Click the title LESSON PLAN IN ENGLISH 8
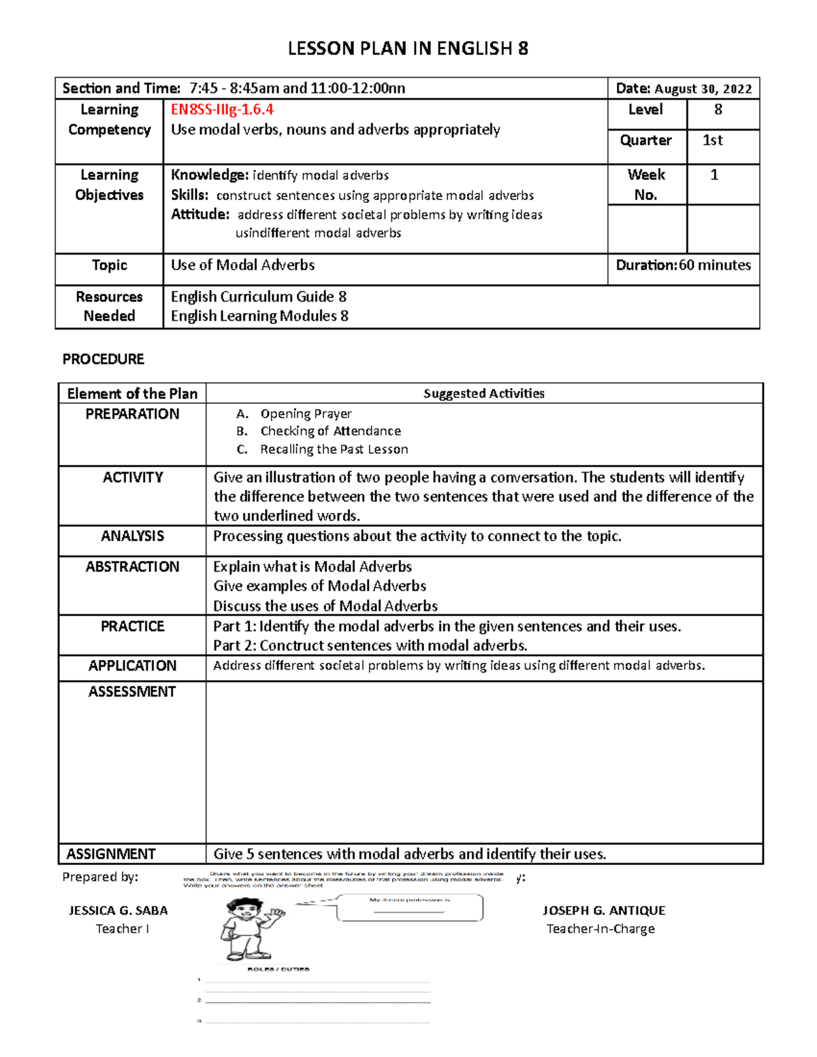point(408,48)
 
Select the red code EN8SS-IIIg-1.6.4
point(223,110)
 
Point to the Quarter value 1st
point(712,140)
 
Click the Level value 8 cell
point(722,110)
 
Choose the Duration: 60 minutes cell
point(683,265)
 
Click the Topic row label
point(110,265)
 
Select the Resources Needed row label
point(109,306)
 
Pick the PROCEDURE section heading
point(103,359)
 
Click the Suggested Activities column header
point(483,393)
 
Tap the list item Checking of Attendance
point(330,431)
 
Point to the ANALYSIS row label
point(132,536)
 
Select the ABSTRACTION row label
point(132,567)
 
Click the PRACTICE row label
point(132,626)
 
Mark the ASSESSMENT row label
point(132,692)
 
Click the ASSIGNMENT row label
point(111,854)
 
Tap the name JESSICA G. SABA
point(118,911)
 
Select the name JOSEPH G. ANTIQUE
point(604,911)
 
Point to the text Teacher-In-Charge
point(600,929)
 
